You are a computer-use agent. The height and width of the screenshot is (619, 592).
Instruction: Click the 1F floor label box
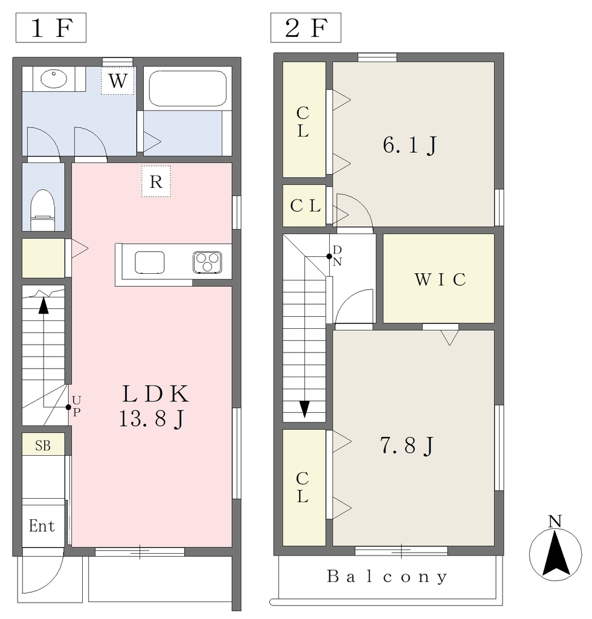tap(51, 28)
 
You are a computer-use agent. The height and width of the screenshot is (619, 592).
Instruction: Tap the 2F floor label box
tap(306, 28)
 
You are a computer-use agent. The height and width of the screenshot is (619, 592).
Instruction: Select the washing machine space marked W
tap(118, 80)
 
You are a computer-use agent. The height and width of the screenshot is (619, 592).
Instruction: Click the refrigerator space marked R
tap(156, 181)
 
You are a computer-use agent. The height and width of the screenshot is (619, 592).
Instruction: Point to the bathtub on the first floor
tap(187, 88)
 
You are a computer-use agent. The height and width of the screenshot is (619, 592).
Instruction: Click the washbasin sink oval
tap(54, 79)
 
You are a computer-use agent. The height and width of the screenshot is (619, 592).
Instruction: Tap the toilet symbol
tap(43, 210)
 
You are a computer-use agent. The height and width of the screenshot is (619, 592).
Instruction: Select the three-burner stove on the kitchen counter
tap(207, 262)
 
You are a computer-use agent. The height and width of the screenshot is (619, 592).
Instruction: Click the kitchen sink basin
tap(150, 262)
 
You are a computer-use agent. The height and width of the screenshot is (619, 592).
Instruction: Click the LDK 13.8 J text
tap(154, 406)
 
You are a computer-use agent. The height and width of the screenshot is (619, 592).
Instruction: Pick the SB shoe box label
tap(43, 446)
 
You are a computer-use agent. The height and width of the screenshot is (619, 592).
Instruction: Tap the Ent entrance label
tap(42, 526)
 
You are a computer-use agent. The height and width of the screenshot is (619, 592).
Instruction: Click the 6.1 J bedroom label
tap(410, 145)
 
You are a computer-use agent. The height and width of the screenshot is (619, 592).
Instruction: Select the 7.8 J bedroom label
tap(407, 446)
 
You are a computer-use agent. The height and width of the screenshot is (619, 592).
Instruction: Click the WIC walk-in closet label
tap(440, 279)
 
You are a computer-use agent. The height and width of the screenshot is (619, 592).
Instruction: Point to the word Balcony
tap(387, 577)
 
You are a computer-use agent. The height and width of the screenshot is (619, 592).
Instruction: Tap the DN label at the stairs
tap(337, 256)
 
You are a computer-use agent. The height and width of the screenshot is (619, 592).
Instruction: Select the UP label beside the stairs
tap(77, 406)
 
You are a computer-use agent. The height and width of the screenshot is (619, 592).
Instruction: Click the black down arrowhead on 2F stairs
tap(304, 409)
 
